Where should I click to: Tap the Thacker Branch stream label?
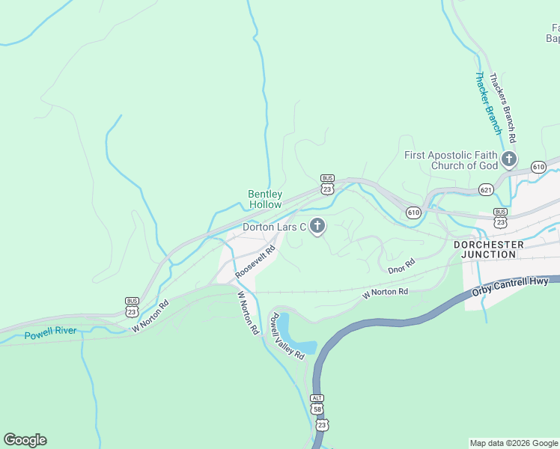point(488,103)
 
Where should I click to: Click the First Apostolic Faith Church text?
point(451,160)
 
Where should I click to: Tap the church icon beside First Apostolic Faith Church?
point(509,159)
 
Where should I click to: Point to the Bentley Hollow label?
point(265,199)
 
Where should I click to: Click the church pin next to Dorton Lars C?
point(317,226)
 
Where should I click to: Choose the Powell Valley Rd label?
point(287,336)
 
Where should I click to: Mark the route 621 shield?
point(487,190)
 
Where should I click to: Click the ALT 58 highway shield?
point(318,406)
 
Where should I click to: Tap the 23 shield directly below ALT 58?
point(321,424)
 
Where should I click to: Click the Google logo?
point(25,440)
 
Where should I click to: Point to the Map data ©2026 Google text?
point(513,443)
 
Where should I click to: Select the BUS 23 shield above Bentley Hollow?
point(327,185)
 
